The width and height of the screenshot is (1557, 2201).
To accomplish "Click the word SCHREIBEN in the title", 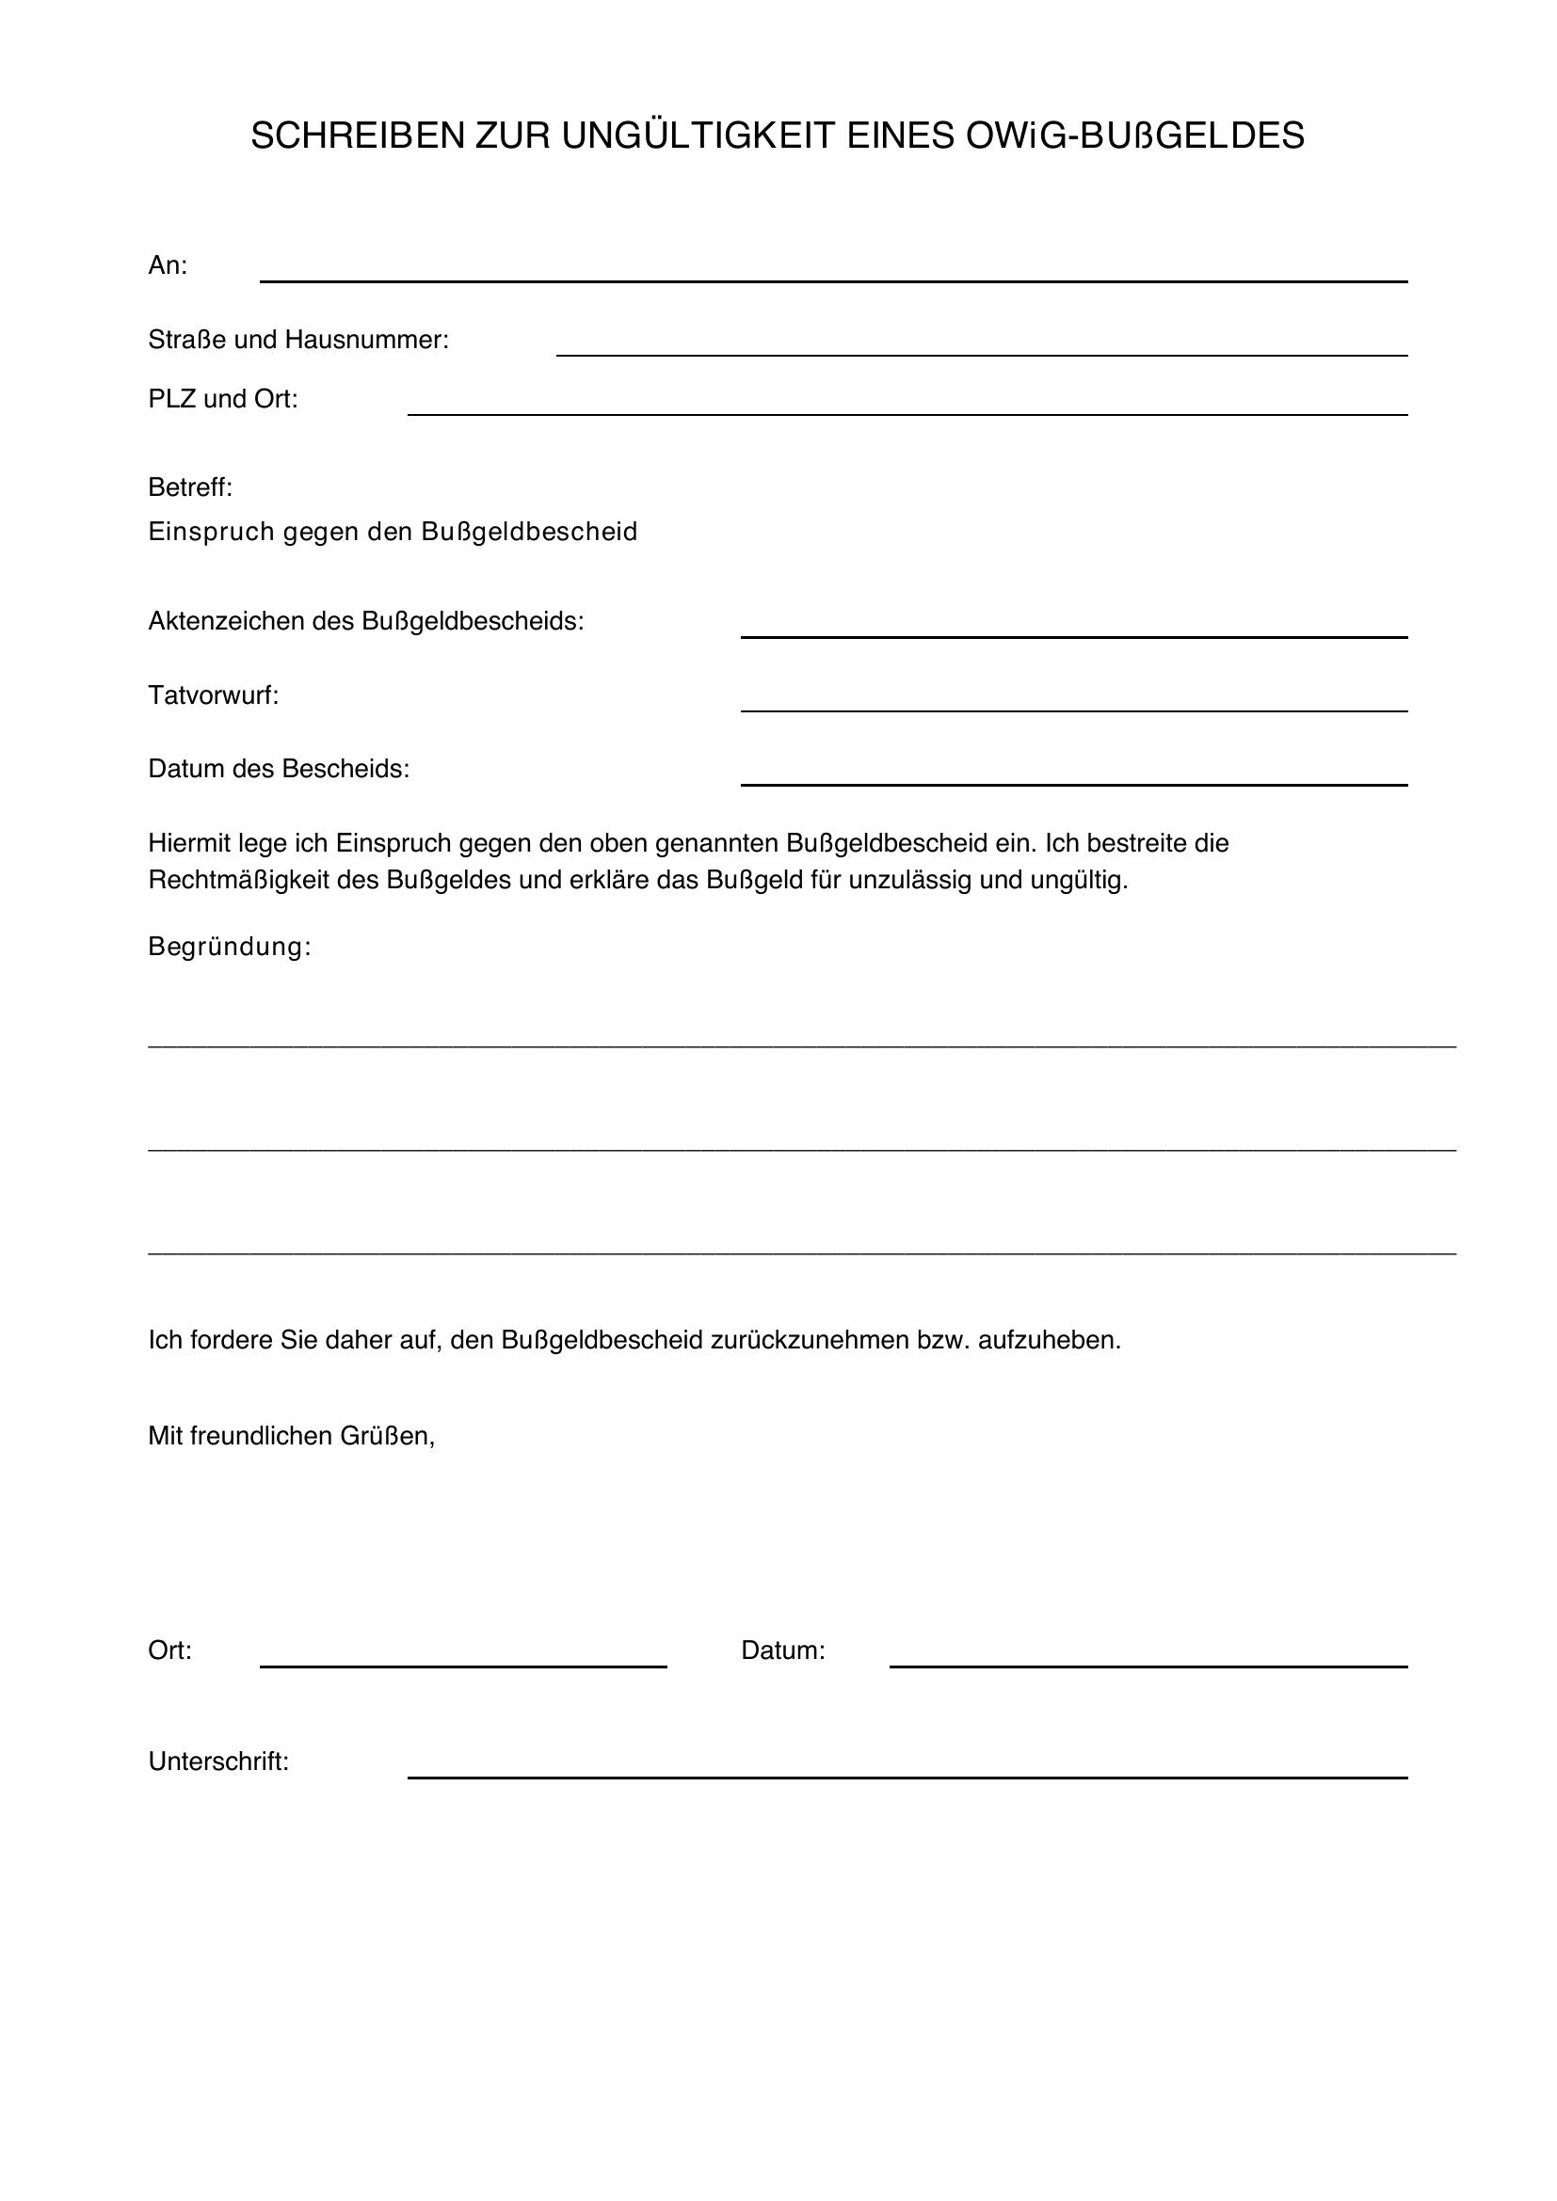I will pyautogui.click(x=357, y=136).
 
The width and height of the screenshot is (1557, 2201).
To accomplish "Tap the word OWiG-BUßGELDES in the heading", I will pyautogui.click(x=1134, y=136).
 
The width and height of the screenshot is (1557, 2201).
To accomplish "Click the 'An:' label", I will pyautogui.click(x=168, y=265).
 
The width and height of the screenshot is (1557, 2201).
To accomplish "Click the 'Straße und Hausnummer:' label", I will pyautogui.click(x=298, y=340).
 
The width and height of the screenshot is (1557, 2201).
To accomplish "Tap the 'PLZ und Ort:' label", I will pyautogui.click(x=222, y=399).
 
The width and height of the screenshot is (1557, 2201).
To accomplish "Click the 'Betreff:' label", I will pyautogui.click(x=190, y=488).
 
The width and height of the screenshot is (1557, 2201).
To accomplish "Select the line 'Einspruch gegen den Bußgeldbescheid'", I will pyautogui.click(x=393, y=531).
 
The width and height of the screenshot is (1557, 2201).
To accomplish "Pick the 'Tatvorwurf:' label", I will pyautogui.click(x=213, y=695).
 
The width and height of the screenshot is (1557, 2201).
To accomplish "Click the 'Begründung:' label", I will pyautogui.click(x=229, y=948).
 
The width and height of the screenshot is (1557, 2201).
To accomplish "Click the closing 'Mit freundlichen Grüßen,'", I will pyautogui.click(x=292, y=1436).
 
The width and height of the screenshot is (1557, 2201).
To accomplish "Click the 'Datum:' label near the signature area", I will pyautogui.click(x=782, y=1651).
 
